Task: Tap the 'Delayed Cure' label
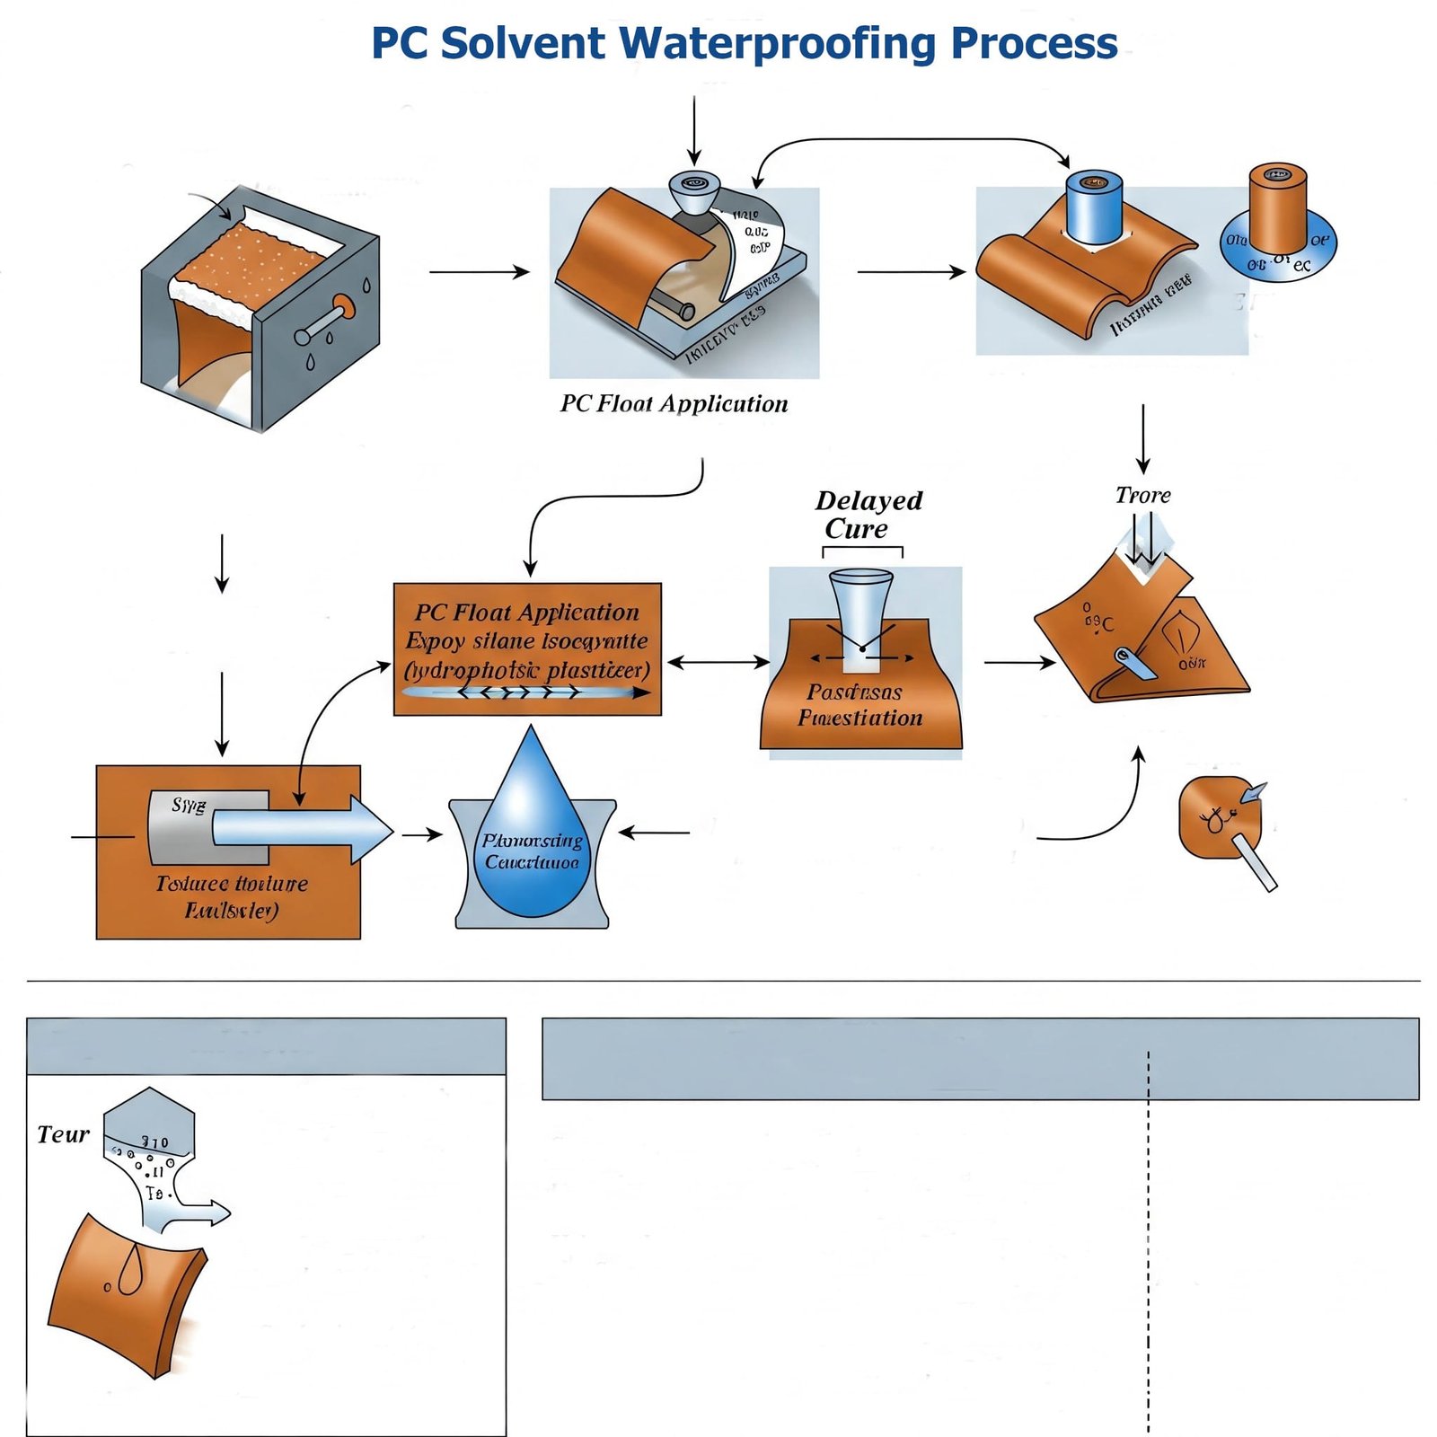(868, 515)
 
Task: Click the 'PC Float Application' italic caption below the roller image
(674, 404)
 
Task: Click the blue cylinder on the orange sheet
(1095, 208)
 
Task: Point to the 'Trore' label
(1142, 495)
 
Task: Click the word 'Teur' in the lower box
(63, 1134)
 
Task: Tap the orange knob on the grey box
(344, 306)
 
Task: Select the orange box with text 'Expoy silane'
(527, 648)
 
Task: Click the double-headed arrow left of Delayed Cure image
(718, 663)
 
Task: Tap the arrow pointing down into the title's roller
(693, 130)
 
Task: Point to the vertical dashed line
(1148, 1257)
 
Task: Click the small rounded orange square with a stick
(1219, 817)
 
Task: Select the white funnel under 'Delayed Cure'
(861, 615)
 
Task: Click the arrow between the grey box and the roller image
(480, 271)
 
